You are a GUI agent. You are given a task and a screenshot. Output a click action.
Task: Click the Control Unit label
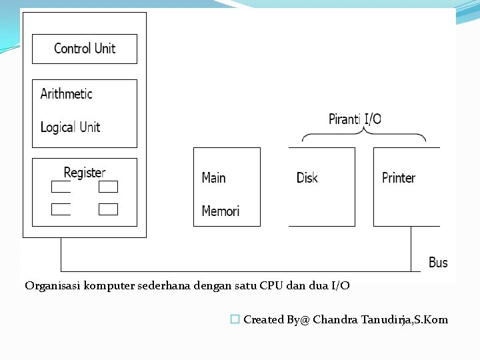[85, 49]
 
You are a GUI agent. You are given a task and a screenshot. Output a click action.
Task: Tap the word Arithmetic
[66, 94]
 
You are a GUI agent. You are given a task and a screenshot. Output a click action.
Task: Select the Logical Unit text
[70, 127]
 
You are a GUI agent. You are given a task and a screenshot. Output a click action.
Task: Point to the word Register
[85, 173]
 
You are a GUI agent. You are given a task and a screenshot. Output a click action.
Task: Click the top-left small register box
[61, 187]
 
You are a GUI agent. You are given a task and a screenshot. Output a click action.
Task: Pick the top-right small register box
[108, 187]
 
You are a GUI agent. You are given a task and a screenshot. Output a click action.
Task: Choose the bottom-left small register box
[61, 209]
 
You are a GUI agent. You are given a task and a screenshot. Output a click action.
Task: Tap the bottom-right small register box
[108, 209]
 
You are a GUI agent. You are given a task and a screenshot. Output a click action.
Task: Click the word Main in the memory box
[213, 178]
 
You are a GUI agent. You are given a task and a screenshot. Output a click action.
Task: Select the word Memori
[220, 211]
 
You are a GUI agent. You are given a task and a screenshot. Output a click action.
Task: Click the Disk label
[307, 178]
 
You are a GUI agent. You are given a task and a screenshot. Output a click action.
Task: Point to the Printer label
[399, 178]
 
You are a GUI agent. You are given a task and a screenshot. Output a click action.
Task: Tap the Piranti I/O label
[355, 119]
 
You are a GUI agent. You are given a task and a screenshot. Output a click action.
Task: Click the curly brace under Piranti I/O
[364, 135]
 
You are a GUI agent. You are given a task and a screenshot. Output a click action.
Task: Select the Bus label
[438, 263]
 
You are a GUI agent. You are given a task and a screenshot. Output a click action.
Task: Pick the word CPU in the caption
[271, 286]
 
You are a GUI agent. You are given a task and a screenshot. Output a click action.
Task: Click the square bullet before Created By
[234, 320]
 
